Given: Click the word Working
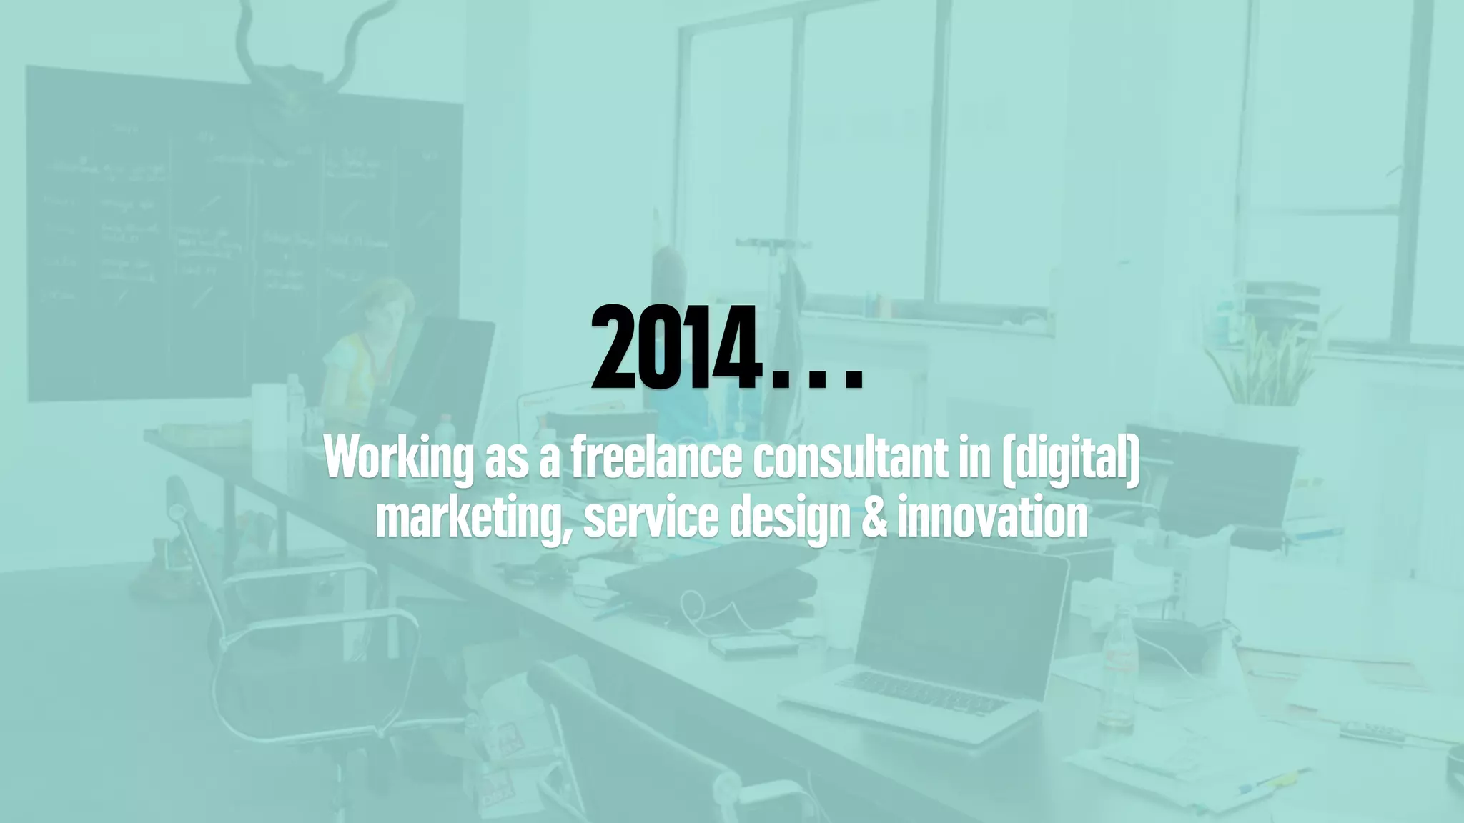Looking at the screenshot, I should [x=398, y=458].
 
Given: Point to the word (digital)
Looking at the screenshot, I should [x=1071, y=459].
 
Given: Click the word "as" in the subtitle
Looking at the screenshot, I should [x=505, y=459].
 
